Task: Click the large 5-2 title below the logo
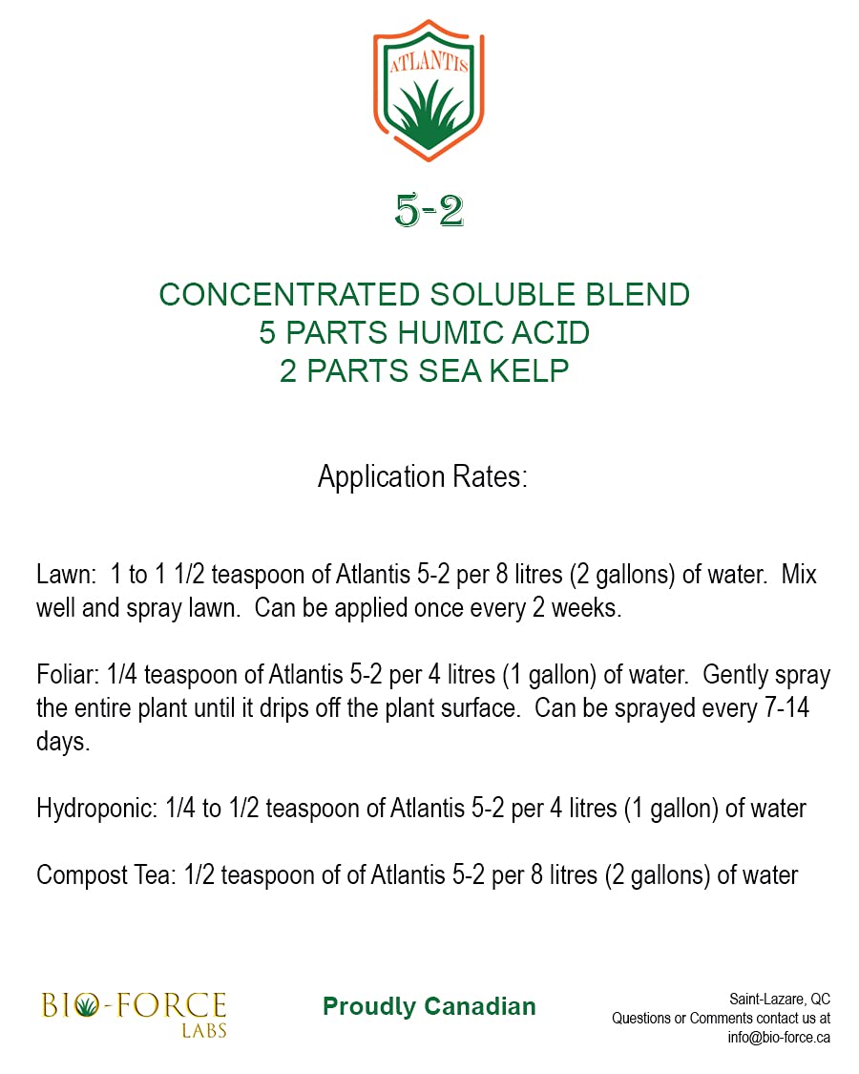coord(429,211)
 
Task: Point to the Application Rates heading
coord(422,476)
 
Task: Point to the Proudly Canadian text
coord(429,1006)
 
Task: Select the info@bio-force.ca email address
coord(779,1037)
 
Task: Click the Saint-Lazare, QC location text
coord(780,999)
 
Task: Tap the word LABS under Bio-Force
coord(204,1031)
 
